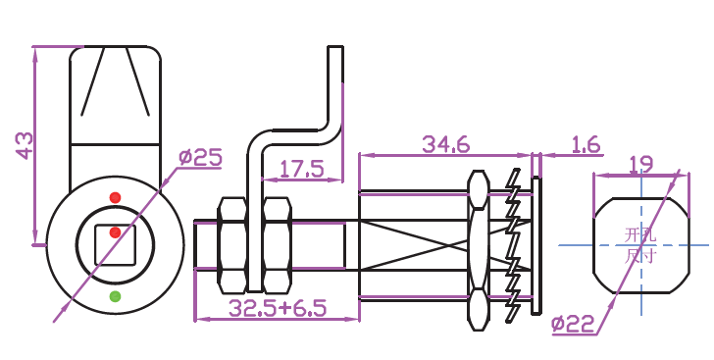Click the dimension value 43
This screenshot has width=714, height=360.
tap(25, 146)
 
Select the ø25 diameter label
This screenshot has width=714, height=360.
tap(200, 157)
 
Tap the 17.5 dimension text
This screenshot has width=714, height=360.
tap(301, 169)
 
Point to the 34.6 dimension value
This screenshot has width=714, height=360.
tap(446, 144)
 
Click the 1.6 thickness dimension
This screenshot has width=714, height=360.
tap(586, 144)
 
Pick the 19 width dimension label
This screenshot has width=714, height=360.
tap(640, 164)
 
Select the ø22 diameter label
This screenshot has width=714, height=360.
tap(573, 324)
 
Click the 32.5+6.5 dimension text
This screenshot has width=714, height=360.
tap(278, 308)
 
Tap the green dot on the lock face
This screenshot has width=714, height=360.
tap(115, 296)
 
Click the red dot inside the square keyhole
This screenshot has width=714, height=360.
tap(115, 232)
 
